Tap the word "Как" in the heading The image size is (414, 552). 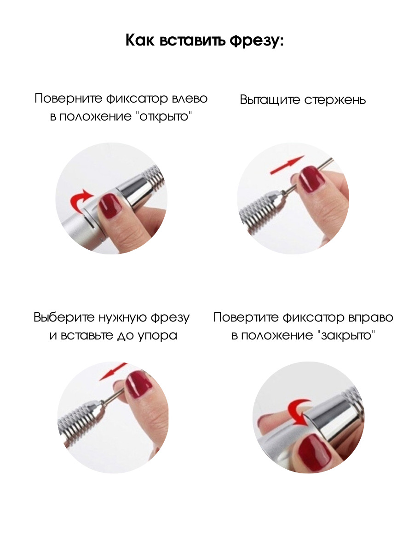[x=141, y=40]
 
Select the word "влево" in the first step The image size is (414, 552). [x=190, y=98]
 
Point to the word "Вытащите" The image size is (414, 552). [x=270, y=100]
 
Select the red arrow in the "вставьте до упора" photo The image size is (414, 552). [x=113, y=371]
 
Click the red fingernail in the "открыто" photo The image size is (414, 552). [x=110, y=206]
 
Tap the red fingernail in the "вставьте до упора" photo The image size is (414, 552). [x=138, y=385]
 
